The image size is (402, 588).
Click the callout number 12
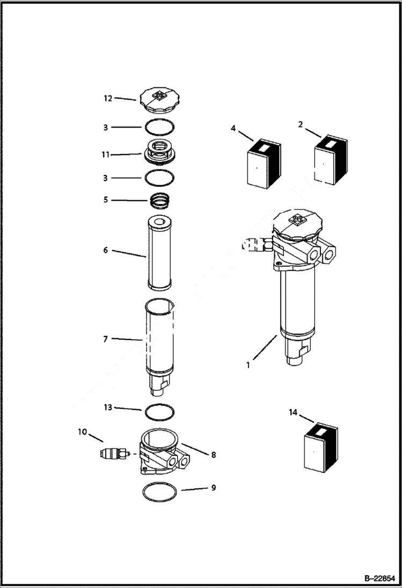(108, 98)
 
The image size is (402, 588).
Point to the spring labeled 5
(160, 200)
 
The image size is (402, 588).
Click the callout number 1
(248, 365)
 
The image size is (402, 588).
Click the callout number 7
(106, 339)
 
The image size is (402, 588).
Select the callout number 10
(82, 431)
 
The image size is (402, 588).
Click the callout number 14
(293, 412)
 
